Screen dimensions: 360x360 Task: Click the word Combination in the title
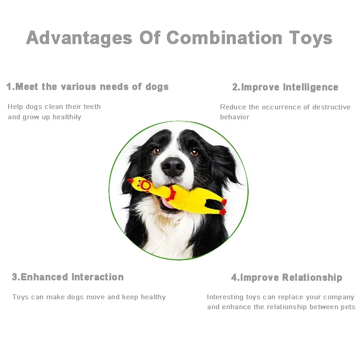tap(225, 38)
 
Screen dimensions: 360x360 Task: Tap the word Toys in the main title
tap(310, 38)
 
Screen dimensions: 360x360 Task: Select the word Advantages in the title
tap(79, 38)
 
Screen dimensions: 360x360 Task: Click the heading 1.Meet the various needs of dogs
tap(87, 87)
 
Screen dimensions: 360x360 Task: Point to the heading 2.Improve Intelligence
tap(285, 87)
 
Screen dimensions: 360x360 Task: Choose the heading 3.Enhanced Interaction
tap(67, 277)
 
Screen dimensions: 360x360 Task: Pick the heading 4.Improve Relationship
tap(286, 278)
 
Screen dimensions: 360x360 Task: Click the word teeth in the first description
tap(91, 107)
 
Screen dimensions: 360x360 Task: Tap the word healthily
tap(67, 117)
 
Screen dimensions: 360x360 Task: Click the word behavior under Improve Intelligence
tap(234, 117)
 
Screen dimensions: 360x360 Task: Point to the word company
tap(340, 297)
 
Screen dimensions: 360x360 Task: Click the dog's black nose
tap(173, 167)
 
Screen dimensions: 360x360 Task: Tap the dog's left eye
tap(156, 151)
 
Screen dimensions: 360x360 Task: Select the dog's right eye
tap(194, 153)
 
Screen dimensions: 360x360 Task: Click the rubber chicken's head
tap(143, 185)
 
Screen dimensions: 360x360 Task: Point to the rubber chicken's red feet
tap(223, 206)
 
